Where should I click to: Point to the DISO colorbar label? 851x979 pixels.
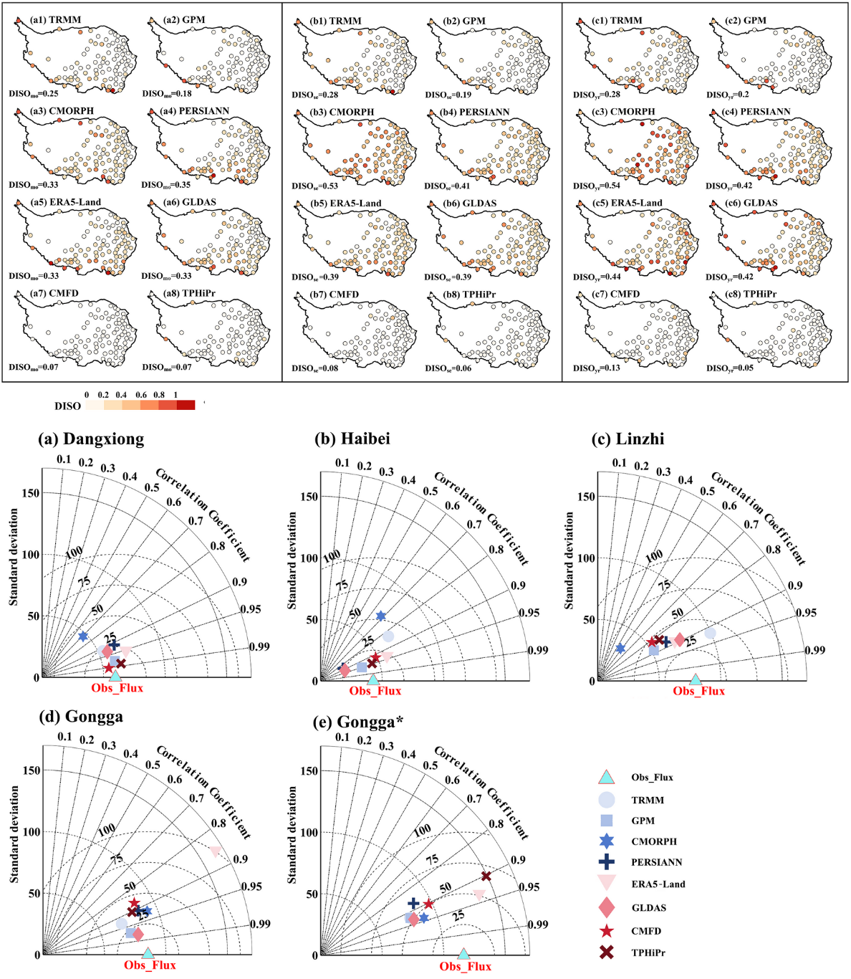(67, 406)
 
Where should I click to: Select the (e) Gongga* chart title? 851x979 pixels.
(359, 721)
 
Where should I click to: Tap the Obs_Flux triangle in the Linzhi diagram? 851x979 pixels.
(695, 679)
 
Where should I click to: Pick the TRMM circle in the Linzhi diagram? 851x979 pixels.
(710, 633)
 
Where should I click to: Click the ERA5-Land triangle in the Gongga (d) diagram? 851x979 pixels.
(216, 851)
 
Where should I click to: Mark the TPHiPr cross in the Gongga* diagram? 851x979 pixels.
(486, 876)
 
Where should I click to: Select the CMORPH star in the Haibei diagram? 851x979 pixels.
(381, 616)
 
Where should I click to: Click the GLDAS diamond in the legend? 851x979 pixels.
(606, 907)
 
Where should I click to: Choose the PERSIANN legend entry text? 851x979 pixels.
(656, 862)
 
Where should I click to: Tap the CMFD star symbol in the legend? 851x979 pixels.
(606, 931)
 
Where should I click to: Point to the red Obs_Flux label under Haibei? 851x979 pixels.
(375, 691)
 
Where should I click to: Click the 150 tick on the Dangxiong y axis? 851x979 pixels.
(31, 493)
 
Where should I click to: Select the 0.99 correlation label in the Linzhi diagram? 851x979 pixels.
(814, 650)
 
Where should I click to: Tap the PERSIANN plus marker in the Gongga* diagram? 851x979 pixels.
(413, 904)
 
